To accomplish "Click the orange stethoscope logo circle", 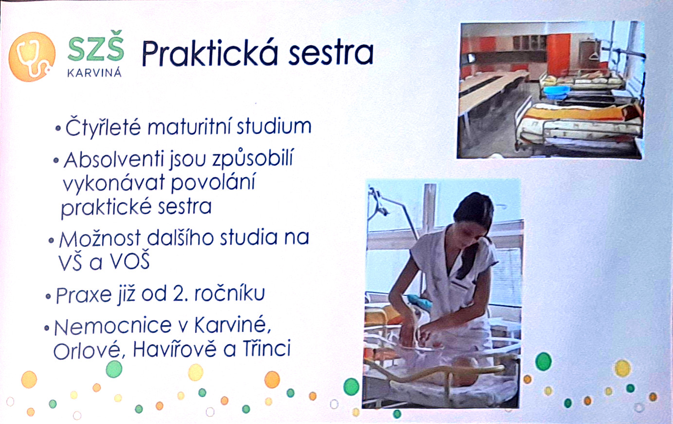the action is coord(32,57).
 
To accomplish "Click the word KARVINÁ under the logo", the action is coord(94,73).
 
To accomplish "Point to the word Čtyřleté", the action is coord(103,127).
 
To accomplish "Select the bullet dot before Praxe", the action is coord(48,296).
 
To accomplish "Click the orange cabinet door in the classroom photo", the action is coord(558,54).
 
